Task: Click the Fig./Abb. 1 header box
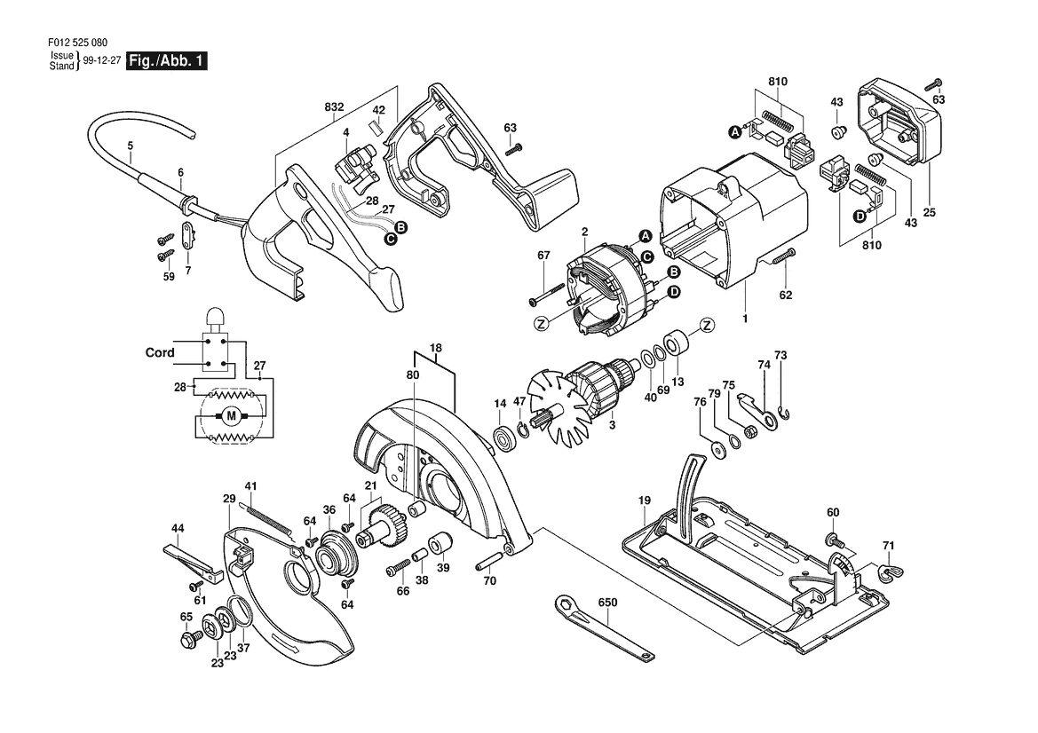point(167,61)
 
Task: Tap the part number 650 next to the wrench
point(607,603)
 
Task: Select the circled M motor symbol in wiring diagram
point(231,416)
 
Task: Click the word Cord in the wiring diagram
point(160,352)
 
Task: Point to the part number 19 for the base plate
point(645,500)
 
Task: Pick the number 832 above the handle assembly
point(334,107)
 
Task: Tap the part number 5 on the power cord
point(131,145)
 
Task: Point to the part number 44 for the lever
point(178,529)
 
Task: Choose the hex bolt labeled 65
point(189,639)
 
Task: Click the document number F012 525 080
point(77,43)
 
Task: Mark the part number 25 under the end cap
point(930,212)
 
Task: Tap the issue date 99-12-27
point(102,60)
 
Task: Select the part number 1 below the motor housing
point(745,319)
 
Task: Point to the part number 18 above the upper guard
point(436,348)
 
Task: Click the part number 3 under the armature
point(612,425)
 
